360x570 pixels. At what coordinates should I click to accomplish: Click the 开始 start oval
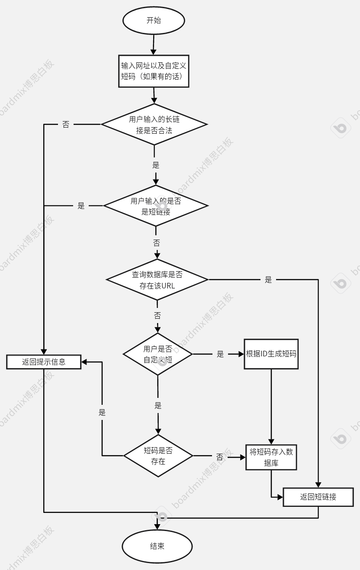(154, 20)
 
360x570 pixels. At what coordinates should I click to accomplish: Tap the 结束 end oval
(157, 546)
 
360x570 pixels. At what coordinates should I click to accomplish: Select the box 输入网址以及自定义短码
(154, 71)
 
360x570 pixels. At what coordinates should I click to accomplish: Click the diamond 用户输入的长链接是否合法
(154, 125)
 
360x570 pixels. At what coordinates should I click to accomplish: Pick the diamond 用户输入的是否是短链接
(156, 206)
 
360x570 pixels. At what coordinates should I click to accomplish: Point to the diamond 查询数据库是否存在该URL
(157, 280)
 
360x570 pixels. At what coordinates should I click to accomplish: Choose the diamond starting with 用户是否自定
(157, 354)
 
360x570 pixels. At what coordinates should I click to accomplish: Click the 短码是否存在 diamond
(158, 456)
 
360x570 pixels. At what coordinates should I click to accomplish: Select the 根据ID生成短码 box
(271, 354)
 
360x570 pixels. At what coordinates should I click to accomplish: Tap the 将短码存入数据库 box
(271, 457)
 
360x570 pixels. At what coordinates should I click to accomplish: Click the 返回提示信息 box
(44, 362)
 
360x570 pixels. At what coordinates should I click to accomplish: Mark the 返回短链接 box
(318, 497)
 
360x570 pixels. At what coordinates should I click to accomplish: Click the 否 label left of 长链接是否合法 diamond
(66, 125)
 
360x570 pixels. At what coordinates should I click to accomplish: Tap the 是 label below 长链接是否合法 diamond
(156, 165)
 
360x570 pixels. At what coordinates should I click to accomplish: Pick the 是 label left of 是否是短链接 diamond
(81, 206)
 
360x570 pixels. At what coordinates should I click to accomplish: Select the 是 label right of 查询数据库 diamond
(268, 280)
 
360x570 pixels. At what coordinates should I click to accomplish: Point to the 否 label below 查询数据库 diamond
(157, 315)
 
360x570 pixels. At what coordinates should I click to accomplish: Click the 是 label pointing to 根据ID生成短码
(220, 354)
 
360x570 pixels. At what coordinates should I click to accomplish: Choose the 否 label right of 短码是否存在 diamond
(220, 457)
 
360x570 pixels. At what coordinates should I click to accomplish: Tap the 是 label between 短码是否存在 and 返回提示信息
(102, 412)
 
